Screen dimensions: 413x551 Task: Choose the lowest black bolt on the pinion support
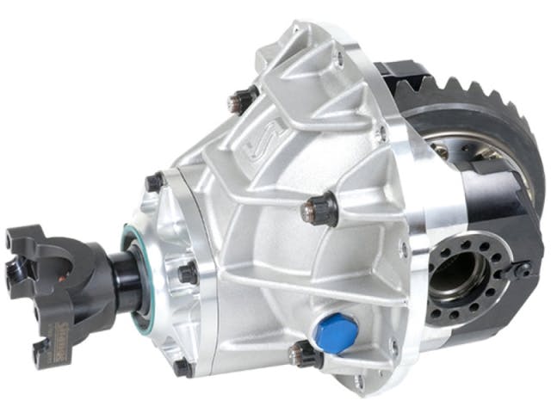(x=183, y=367)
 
